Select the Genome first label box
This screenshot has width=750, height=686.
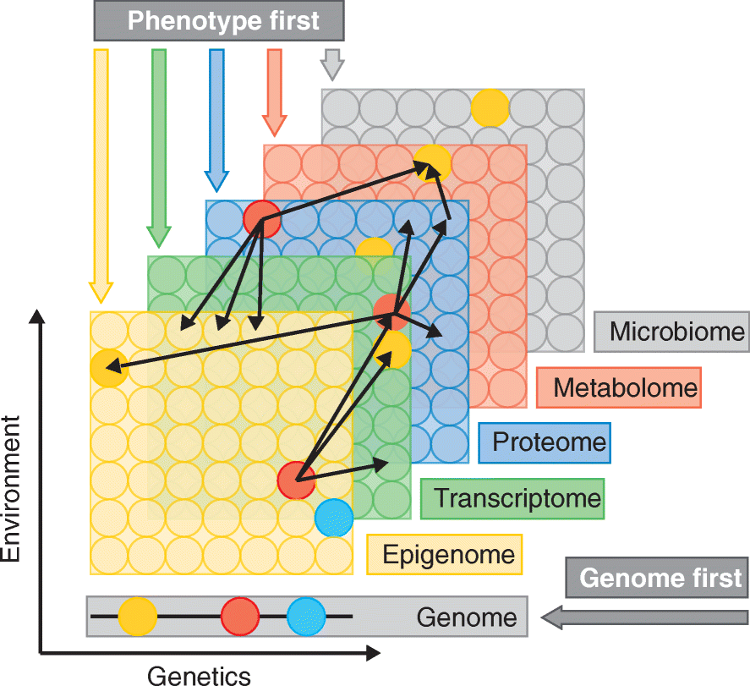click(x=660, y=579)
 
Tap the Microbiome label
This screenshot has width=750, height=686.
click(x=671, y=331)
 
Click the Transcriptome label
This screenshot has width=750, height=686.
click(x=512, y=497)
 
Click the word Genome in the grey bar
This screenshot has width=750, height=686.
click(x=466, y=617)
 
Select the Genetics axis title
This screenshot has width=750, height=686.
click(x=200, y=675)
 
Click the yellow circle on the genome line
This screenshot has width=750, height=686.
click(x=137, y=616)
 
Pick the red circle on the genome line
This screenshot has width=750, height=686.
click(x=240, y=616)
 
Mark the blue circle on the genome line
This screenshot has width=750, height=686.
click(x=306, y=616)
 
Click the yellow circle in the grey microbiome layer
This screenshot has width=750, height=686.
click(x=490, y=107)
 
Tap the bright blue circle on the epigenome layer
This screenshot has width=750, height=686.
click(x=333, y=518)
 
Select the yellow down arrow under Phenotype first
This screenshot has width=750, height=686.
click(x=101, y=173)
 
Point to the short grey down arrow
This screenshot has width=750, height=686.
click(x=332, y=64)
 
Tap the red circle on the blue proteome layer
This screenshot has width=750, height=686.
click(x=261, y=217)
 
